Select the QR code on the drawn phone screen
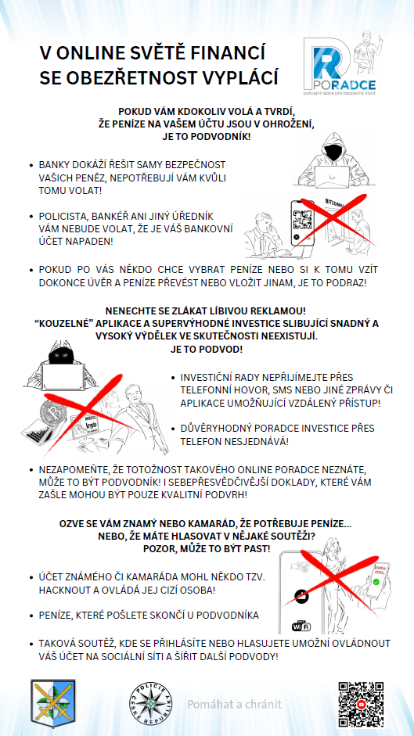[301, 219]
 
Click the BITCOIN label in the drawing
[336, 202]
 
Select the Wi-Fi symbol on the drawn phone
[301, 626]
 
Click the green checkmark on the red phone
[376, 582]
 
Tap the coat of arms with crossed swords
[53, 702]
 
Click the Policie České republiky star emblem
[151, 704]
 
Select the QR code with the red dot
[361, 704]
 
